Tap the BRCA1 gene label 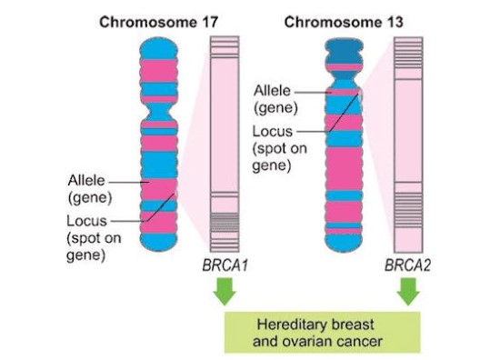click(225, 268)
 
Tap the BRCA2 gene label click(408, 268)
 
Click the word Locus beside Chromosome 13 click(272, 133)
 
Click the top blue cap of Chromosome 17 click(159, 45)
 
